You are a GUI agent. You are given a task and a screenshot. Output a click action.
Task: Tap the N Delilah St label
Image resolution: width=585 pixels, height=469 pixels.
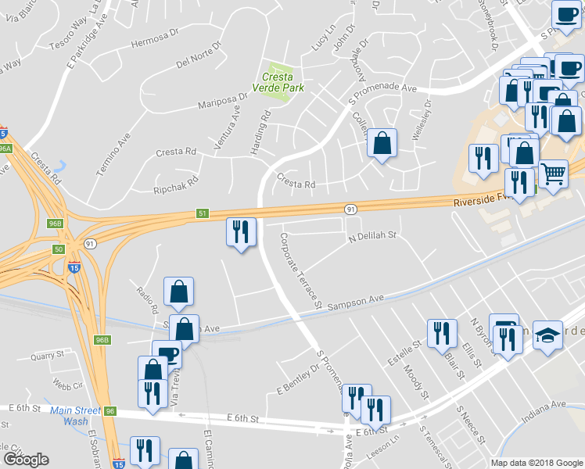pos(373,234)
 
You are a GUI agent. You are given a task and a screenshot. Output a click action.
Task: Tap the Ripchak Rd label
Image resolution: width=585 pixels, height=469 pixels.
pos(176,184)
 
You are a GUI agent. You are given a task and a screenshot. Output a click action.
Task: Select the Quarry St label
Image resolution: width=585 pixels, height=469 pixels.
pos(46,356)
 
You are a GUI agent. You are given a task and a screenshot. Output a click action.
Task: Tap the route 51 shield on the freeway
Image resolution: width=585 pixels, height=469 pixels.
pos(202,213)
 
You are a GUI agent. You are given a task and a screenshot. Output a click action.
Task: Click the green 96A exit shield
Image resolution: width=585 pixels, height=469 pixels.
pos(5,148)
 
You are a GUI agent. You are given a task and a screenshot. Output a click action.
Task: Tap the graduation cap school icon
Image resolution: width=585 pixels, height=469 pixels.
pos(551,334)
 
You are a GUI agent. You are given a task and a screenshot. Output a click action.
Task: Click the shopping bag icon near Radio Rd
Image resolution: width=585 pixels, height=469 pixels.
pos(179,292)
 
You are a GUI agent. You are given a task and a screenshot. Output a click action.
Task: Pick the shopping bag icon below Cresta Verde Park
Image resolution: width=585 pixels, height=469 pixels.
pos(382,143)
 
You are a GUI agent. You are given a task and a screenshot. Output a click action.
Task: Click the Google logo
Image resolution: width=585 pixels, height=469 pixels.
pos(26,460)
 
